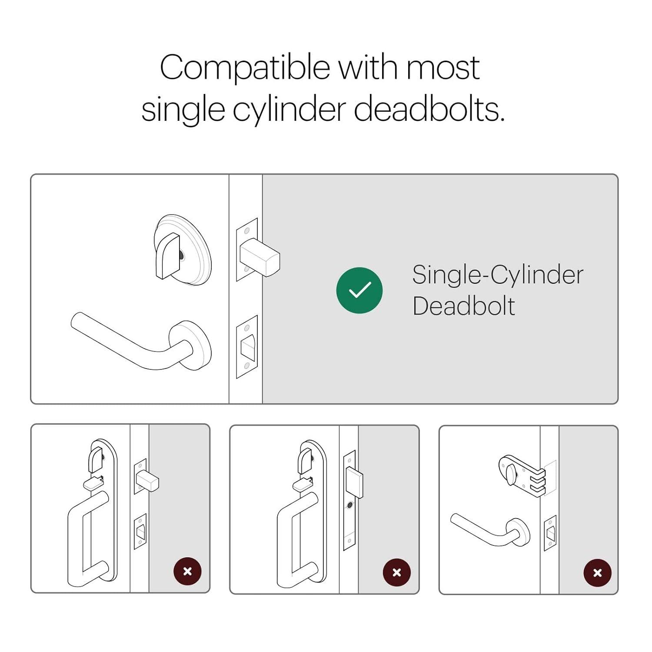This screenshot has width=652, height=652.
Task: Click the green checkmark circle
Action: pos(359,290)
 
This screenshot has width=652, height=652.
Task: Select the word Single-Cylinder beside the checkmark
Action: pos(498,276)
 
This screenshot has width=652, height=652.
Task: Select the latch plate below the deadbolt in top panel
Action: pos(247,346)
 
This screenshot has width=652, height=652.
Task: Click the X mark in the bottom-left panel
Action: pos(187,571)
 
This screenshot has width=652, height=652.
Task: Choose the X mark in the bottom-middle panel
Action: pos(396,572)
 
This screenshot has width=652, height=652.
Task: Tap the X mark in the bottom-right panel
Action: pos(597,573)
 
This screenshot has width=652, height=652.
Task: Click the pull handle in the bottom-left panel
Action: pos(88,539)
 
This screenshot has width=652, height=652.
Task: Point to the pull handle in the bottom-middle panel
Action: pos(298,539)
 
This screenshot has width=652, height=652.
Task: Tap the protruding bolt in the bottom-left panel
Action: pos(147,480)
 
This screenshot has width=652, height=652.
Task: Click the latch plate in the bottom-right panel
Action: pos(550,533)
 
